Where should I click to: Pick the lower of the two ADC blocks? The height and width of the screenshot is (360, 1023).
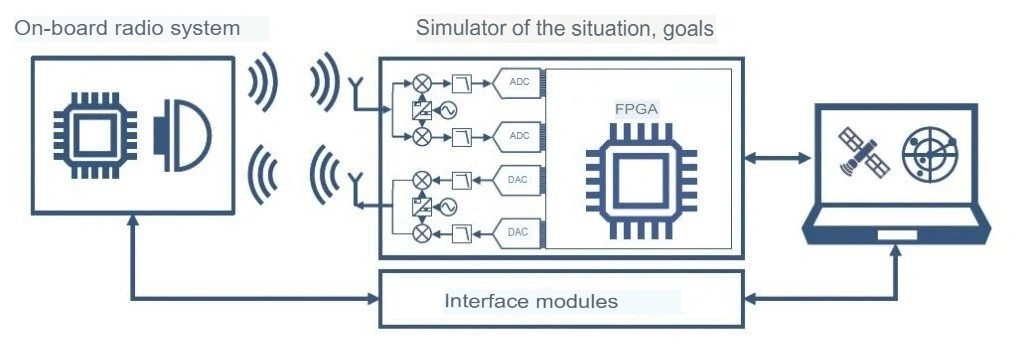tap(520, 134)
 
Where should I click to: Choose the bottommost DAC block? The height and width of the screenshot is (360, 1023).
tap(520, 232)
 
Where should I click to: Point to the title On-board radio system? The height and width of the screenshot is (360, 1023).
tap(127, 29)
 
